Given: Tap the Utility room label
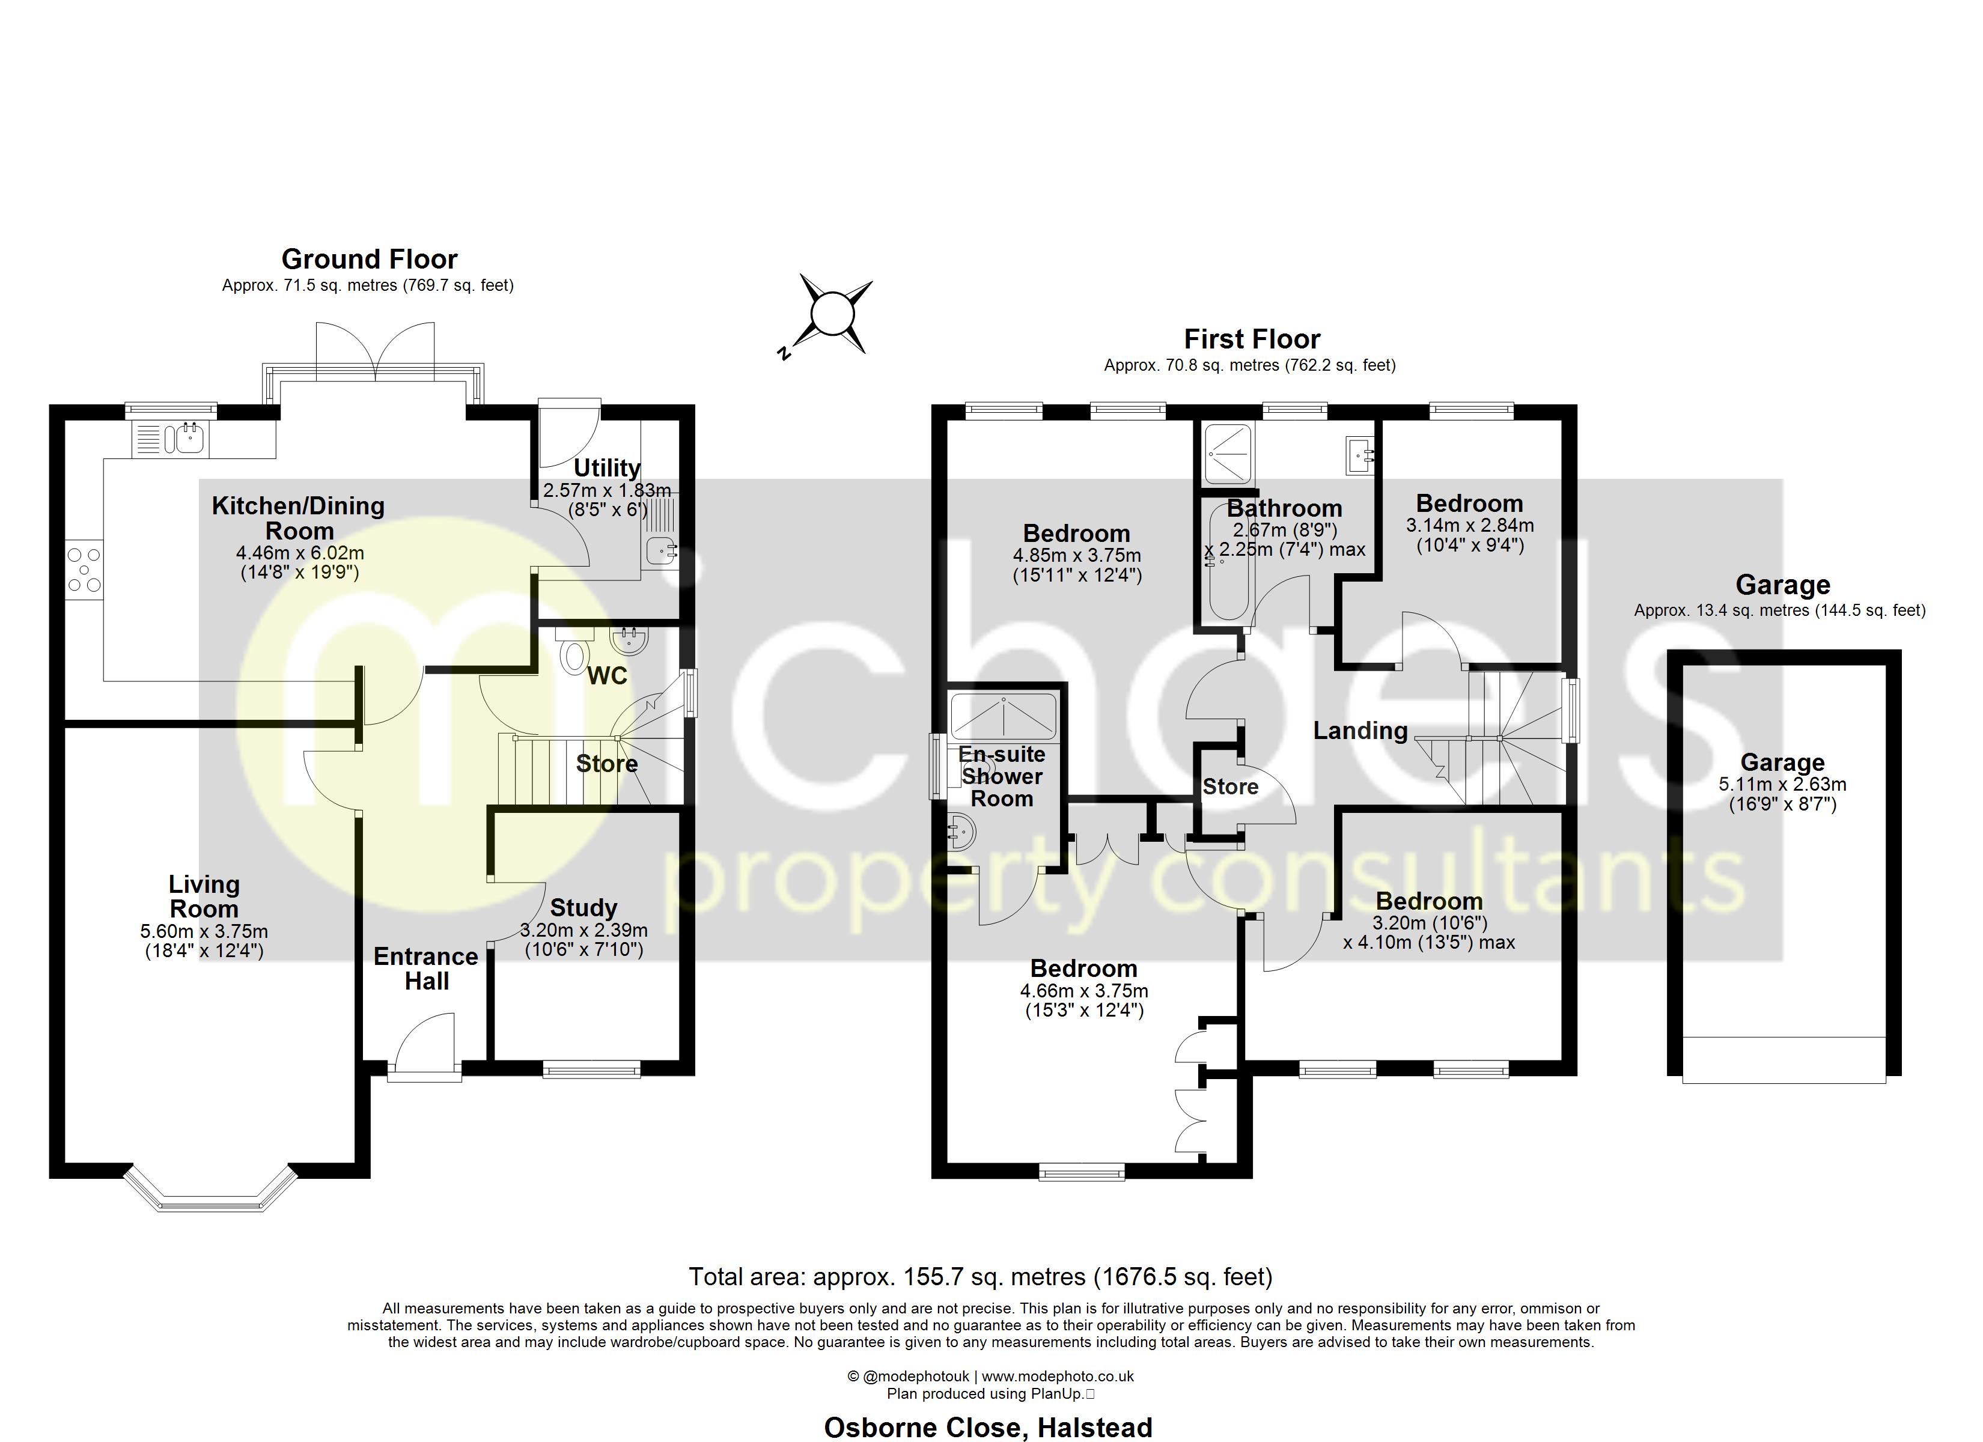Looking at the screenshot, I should click(x=607, y=468).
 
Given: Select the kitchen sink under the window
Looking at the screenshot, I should click(x=189, y=438).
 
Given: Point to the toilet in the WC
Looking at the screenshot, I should click(x=574, y=654).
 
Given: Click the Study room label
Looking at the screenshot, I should click(x=583, y=908).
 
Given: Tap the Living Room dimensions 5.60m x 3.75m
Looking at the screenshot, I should click(x=204, y=932).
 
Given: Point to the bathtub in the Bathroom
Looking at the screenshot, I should click(x=1228, y=564).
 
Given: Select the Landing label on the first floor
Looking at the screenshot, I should click(x=1360, y=731).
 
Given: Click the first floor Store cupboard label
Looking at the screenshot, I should click(x=1230, y=787).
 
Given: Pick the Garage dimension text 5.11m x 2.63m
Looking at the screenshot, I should click(x=1782, y=785).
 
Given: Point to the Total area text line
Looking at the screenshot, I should click(x=980, y=1277).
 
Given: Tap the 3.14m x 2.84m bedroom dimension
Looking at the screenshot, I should click(x=1470, y=526).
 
